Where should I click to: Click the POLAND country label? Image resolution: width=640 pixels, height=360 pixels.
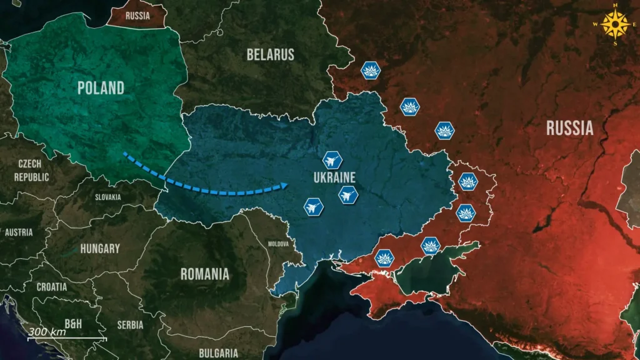[x=101, y=88]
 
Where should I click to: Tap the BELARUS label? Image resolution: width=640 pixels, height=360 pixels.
[x=270, y=54]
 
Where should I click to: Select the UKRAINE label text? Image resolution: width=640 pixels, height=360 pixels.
[x=334, y=177]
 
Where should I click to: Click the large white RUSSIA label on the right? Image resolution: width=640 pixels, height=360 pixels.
[x=569, y=128]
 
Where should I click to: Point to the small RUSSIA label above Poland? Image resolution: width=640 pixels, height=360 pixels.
[x=137, y=16]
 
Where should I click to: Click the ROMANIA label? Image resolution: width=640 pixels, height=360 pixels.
[x=204, y=274]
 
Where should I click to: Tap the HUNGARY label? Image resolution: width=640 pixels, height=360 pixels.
[x=100, y=249]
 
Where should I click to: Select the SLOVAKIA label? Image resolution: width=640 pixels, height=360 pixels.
[x=108, y=197]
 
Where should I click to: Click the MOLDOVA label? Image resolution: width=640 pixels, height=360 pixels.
[x=278, y=244]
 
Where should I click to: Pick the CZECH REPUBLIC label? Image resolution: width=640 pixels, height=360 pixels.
[x=31, y=170]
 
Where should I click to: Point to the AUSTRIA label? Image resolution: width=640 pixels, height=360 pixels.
[x=18, y=232]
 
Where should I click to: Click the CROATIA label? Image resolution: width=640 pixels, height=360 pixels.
[x=51, y=287]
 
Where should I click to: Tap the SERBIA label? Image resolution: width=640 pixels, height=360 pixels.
[x=130, y=325]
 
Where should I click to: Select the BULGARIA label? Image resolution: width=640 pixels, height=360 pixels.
[x=218, y=353]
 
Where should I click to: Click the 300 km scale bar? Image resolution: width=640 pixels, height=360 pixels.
[x=66, y=338]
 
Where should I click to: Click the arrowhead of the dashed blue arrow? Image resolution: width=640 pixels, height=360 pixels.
[x=283, y=185]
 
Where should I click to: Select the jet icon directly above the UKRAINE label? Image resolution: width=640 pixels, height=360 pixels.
[x=332, y=161]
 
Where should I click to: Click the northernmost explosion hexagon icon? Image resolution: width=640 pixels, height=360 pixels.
[x=371, y=71]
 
